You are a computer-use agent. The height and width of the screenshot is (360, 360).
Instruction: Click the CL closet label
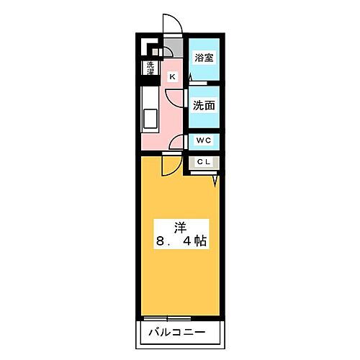click(x=202, y=162)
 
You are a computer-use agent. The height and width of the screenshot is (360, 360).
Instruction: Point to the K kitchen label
click(x=172, y=76)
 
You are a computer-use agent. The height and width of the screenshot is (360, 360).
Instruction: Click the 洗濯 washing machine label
click(x=150, y=70)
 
